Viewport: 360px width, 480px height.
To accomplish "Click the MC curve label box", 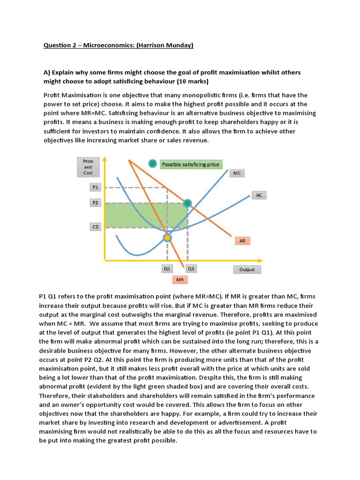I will [237, 173].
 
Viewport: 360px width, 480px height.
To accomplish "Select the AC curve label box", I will [259, 195].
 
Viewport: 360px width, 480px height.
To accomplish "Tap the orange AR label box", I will [242, 240].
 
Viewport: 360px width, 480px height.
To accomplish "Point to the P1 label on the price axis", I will [95, 187].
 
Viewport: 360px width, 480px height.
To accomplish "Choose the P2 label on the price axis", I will [95, 203].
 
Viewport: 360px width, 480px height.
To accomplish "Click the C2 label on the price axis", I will [95, 227].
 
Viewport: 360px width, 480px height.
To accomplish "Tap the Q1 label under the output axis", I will [167, 269].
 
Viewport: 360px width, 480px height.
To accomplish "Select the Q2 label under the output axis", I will [191, 269].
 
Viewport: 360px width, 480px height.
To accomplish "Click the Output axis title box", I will [247, 270].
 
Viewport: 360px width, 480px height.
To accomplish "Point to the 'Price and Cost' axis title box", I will [88, 167].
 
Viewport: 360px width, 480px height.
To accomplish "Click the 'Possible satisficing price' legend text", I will [190, 164].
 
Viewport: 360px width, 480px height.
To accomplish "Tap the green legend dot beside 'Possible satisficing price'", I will [152, 164].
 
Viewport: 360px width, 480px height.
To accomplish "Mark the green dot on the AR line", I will [187, 203].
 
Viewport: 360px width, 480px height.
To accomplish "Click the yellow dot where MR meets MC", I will [167, 238].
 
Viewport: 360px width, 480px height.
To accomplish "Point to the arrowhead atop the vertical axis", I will [105, 159].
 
